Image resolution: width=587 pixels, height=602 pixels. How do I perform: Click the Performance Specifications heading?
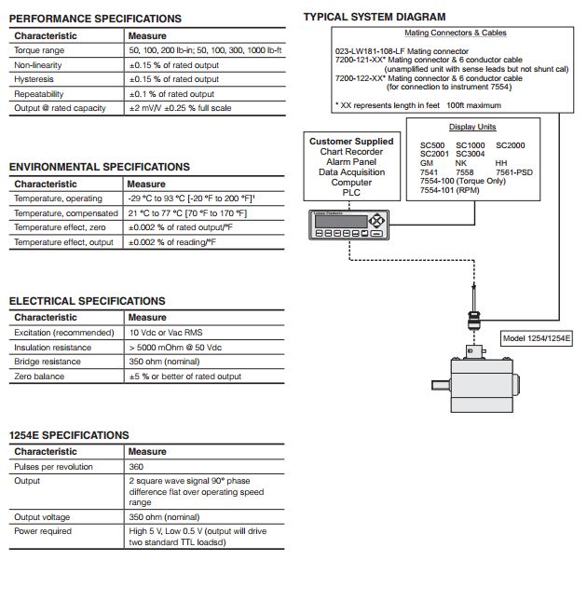tap(95, 19)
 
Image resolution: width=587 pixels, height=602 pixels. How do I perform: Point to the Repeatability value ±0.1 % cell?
tap(171, 94)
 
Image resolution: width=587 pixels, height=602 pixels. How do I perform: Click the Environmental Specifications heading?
tap(99, 167)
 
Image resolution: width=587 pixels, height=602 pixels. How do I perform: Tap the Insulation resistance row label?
tap(53, 348)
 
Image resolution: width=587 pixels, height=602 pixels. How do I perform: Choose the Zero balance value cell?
tap(184, 376)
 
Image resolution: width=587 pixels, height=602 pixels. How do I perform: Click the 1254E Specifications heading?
tap(69, 435)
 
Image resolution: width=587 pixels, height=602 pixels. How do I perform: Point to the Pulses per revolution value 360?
tap(136, 466)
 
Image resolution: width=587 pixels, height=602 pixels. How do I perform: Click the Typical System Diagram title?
tap(375, 17)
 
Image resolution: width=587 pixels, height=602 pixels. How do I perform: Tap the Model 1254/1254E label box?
tap(538, 338)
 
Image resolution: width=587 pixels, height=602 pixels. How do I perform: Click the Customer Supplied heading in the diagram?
tap(351, 142)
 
